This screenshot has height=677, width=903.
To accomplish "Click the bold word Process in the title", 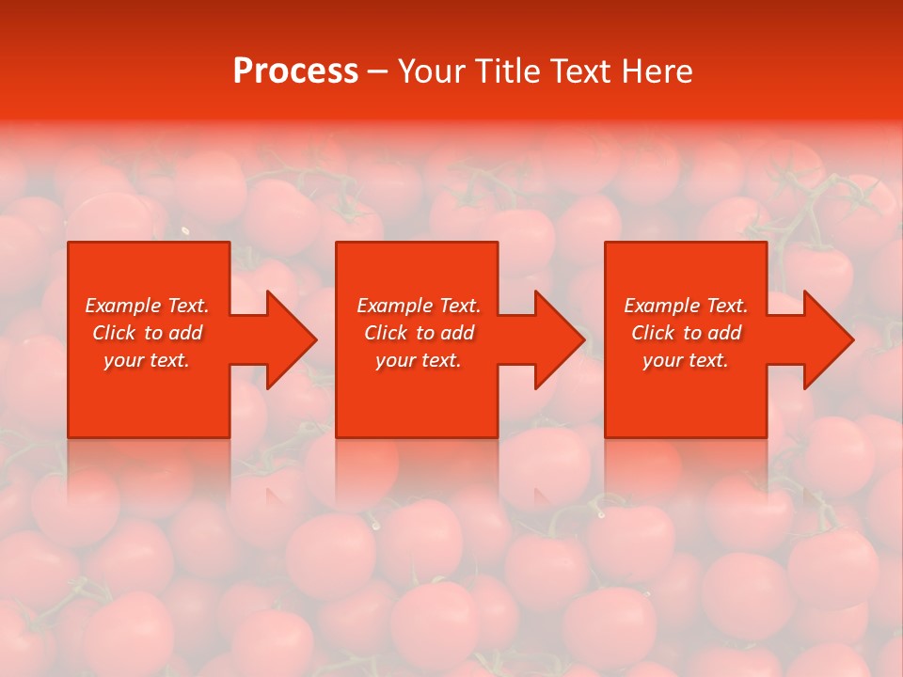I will (x=295, y=71).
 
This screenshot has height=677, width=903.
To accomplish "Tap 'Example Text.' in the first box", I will (x=147, y=306).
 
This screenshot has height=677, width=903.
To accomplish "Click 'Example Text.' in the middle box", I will (x=419, y=306).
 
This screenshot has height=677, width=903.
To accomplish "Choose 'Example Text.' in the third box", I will (x=686, y=306).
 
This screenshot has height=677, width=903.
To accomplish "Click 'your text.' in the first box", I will (x=147, y=360).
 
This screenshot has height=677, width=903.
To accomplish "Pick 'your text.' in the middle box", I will (x=419, y=360).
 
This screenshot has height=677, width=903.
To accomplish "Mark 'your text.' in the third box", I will (x=686, y=360).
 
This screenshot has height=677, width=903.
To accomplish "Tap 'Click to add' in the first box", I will (x=147, y=333).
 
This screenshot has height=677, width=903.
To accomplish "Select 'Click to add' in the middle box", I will (x=419, y=333).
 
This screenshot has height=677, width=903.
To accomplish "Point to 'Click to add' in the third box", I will (x=686, y=333).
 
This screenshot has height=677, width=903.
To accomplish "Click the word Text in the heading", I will (x=580, y=71).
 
